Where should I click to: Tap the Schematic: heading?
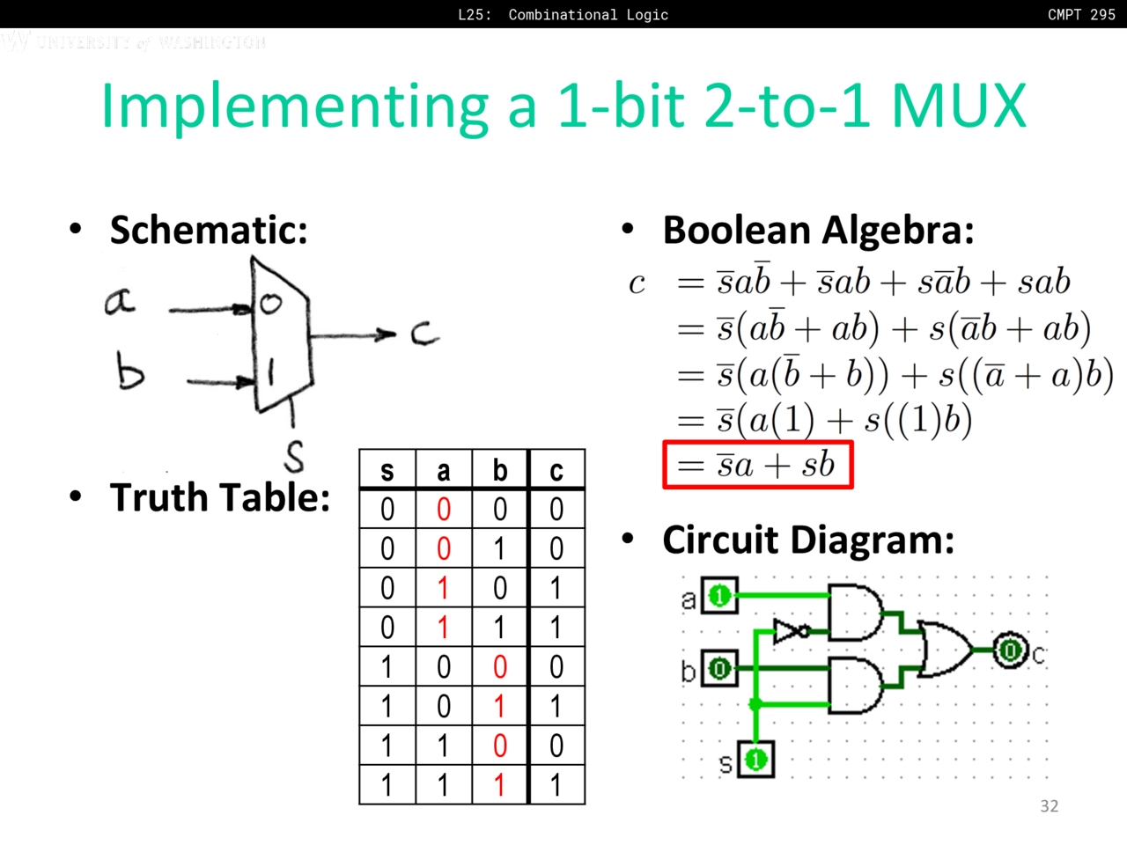[x=209, y=231]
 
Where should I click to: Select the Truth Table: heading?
[x=220, y=497]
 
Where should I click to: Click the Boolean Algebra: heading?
[x=818, y=231]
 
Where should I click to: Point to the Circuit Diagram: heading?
[x=807, y=540]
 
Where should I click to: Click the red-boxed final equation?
[x=758, y=465]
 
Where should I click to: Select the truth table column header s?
[x=387, y=471]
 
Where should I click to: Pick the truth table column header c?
[x=556, y=471]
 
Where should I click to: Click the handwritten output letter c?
[x=424, y=333]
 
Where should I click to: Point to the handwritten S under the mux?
[x=294, y=456]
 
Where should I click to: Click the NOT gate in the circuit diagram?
[x=789, y=631]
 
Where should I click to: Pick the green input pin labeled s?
[x=755, y=759]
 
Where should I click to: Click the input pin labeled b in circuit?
[x=719, y=669]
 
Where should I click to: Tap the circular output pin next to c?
[x=1010, y=650]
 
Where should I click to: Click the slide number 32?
[x=1049, y=806]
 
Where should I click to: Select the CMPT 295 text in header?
[x=1081, y=14]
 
